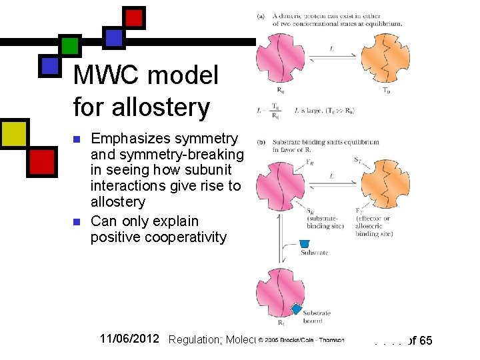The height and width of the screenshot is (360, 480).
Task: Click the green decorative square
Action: (x=69, y=46)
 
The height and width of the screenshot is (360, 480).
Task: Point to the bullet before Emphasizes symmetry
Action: (x=77, y=139)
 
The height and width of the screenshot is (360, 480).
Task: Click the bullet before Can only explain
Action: (x=77, y=222)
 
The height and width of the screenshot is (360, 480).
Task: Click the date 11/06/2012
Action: (x=129, y=339)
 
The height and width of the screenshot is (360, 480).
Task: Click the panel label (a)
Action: (x=261, y=15)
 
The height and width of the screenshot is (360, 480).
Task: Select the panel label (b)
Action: (x=261, y=142)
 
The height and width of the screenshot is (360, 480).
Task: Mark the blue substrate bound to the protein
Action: (x=296, y=309)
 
